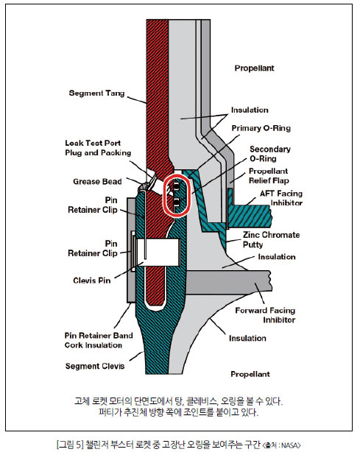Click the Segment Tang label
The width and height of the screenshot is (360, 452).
(x=96, y=93)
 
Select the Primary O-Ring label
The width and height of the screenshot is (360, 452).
(x=261, y=128)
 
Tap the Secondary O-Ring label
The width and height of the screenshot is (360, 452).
(x=270, y=154)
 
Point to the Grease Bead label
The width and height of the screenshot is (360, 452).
(x=97, y=182)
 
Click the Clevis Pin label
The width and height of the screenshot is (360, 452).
(x=92, y=280)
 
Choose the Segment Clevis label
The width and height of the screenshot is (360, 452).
(x=95, y=366)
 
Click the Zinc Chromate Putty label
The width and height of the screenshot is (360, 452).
(x=271, y=239)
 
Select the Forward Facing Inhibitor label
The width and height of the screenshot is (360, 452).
(x=265, y=315)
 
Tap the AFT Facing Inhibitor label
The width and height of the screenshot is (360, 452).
(x=281, y=198)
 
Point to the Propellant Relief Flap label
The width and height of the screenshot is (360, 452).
(x=269, y=176)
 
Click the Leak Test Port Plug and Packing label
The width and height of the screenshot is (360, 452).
(x=98, y=148)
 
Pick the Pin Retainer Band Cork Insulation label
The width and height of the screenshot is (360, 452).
(x=99, y=340)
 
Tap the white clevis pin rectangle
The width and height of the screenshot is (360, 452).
(x=158, y=253)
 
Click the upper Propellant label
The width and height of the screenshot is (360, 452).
(x=254, y=68)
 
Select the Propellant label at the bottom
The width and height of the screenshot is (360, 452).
(x=250, y=374)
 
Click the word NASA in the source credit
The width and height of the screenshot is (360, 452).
(x=290, y=445)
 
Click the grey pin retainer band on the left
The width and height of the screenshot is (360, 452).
(x=131, y=250)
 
